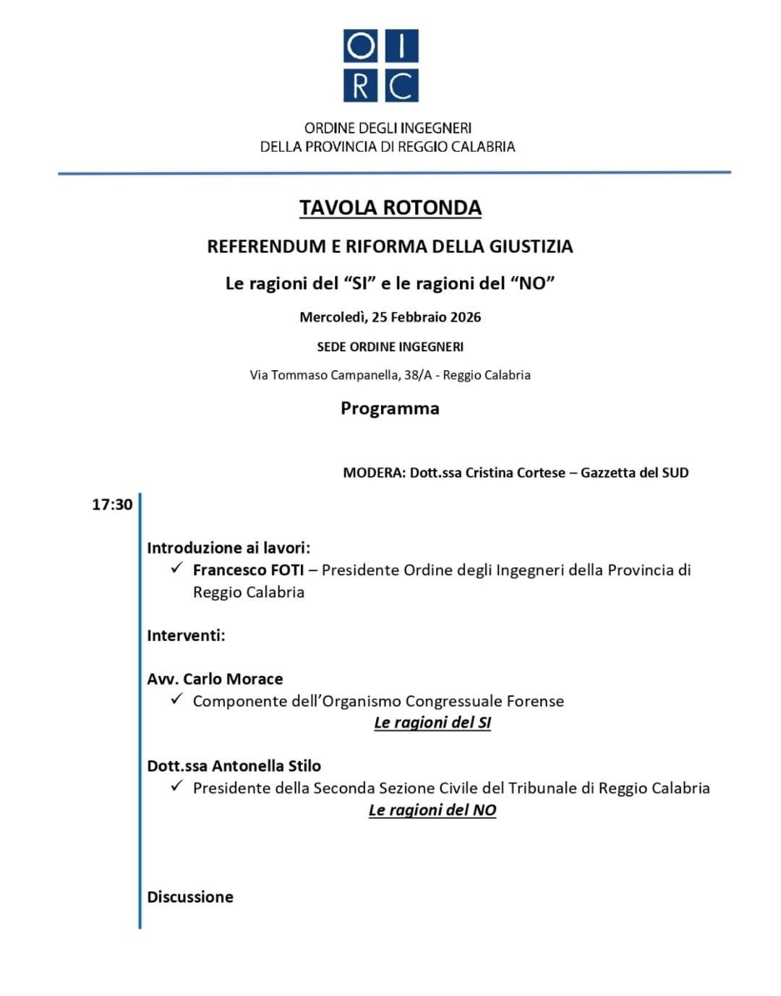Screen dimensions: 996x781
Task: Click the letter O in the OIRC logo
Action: pos(360,46)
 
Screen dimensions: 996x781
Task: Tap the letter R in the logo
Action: pos(360,86)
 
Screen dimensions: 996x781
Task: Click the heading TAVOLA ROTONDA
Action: pos(390,208)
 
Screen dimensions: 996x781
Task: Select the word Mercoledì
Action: pos(333,317)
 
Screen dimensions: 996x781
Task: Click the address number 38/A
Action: pos(417,375)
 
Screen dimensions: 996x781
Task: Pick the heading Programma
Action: pos(390,408)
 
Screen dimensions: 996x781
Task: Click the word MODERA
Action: pos(373,473)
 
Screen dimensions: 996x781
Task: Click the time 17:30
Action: pos(112,505)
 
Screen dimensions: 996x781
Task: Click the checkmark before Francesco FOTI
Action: pos(176,569)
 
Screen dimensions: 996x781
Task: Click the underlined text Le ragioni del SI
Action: pos(432,723)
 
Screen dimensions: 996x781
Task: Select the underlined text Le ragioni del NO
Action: pos(432,810)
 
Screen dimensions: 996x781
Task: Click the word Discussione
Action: pos(190,897)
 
